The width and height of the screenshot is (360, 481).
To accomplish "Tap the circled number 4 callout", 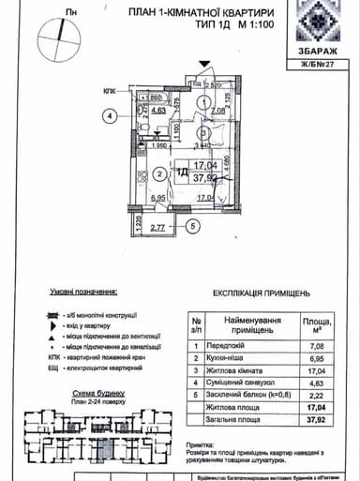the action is (x=110, y=117).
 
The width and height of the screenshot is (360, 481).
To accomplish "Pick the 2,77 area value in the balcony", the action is (x=157, y=226).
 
